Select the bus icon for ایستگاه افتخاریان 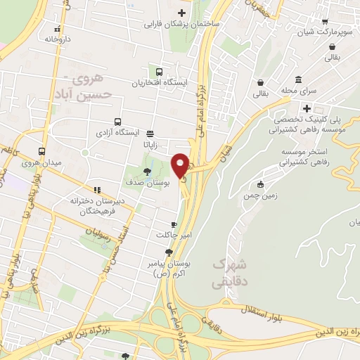(x=159, y=72)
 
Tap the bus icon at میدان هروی (x=42, y=151)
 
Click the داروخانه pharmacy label (x=58, y=39)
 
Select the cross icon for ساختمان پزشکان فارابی (x=182, y=13)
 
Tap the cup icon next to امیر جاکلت (x=165, y=224)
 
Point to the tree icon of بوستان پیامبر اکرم (x=168, y=252)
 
